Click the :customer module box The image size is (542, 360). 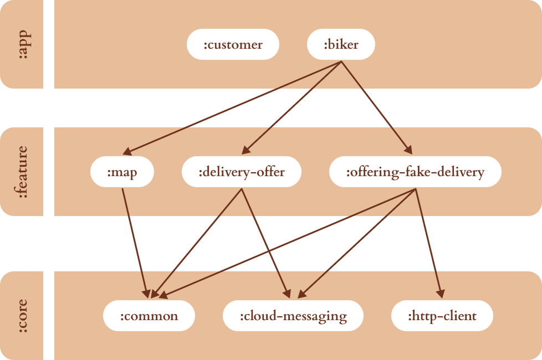[233, 44]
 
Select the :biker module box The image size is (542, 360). [341, 44]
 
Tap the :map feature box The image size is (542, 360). [122, 172]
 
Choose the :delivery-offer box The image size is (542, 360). [242, 172]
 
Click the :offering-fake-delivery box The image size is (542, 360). [415, 172]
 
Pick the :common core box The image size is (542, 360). [149, 316]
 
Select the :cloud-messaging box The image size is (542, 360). [293, 316]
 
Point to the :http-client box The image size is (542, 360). [442, 316]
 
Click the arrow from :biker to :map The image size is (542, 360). [233, 107]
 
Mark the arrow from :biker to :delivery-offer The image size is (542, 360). [292, 106]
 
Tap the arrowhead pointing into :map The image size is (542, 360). [127, 151]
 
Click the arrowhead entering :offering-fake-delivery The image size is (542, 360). [409, 150]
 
